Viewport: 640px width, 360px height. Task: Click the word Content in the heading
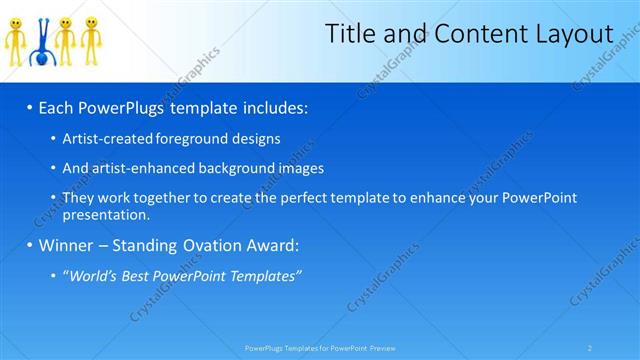click(478, 35)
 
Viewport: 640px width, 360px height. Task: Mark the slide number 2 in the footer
click(589, 348)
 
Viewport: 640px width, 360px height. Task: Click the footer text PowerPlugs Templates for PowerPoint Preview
click(320, 348)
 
